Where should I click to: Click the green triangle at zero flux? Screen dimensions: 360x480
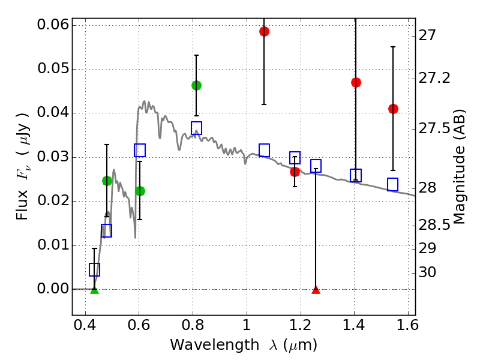coord(94,290)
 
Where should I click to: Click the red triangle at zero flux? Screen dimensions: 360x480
coord(316,290)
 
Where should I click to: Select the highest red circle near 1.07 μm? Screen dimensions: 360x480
coord(264,31)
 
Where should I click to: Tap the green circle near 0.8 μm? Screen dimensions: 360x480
coord(196,85)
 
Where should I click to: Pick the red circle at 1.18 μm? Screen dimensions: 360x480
coord(295,172)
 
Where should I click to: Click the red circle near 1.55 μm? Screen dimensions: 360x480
coord(393,109)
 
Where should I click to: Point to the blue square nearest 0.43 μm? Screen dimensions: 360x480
coord(94,269)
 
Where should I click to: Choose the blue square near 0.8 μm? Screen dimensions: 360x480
coord(196,128)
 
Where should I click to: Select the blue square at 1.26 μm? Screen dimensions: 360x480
coord(316,166)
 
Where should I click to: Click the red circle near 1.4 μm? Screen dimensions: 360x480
coord(356,82)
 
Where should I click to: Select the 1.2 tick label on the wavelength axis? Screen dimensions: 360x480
coord(300,328)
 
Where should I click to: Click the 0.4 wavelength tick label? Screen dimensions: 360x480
coord(85,328)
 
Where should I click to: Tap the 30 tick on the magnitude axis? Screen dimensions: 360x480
coord(428,272)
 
